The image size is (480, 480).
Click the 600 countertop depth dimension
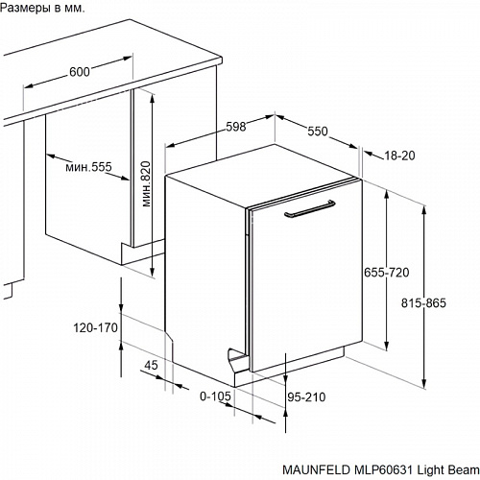click(x=80, y=72)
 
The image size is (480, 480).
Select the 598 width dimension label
click(x=236, y=127)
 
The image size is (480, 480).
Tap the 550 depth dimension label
click(x=318, y=132)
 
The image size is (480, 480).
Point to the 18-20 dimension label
click(x=399, y=156)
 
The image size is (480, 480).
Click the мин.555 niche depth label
click(x=88, y=167)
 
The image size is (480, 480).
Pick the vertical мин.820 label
click(x=146, y=183)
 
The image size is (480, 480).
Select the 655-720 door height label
click(x=387, y=273)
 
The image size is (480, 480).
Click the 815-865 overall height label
click(x=423, y=302)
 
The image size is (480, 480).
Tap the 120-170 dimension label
click(x=96, y=327)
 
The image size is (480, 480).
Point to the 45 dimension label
click(x=151, y=365)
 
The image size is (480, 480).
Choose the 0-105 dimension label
click(x=215, y=396)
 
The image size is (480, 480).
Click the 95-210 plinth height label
click(x=306, y=397)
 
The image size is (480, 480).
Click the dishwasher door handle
click(x=310, y=208)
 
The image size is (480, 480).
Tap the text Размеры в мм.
click(x=42, y=8)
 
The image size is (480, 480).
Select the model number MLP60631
click(x=383, y=469)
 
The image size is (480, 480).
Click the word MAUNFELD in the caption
click(x=316, y=469)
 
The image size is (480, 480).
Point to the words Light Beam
click(x=448, y=469)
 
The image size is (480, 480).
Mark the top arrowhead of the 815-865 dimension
click(x=424, y=209)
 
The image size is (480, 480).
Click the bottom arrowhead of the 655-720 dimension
click(x=387, y=347)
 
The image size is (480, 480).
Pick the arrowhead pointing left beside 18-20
click(x=369, y=155)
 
